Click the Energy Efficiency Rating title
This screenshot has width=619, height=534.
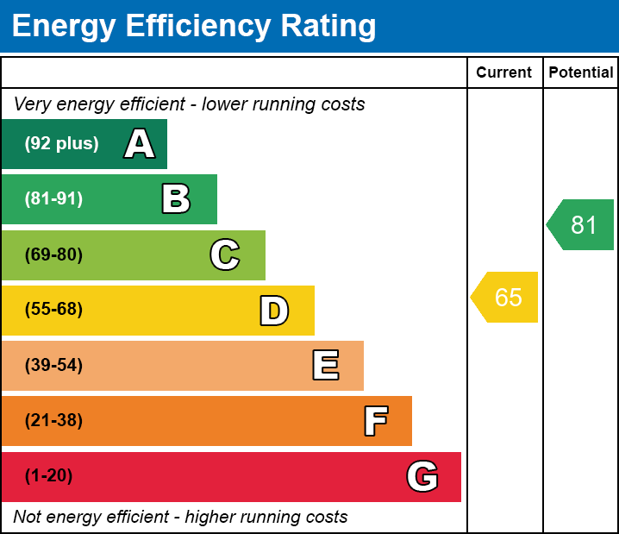coord(194,26)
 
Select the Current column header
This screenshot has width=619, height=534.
coord(504,73)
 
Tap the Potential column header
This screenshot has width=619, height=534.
coord(581,73)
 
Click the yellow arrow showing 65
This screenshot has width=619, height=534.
coord(505,298)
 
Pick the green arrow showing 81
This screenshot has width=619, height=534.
coord(581,225)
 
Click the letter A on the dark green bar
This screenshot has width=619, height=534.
coord(140,144)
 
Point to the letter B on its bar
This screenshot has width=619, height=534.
coord(176,199)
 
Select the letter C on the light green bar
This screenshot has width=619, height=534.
coord(225,254)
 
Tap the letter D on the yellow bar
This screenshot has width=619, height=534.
coord(274,311)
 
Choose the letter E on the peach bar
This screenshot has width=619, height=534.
coord(325,366)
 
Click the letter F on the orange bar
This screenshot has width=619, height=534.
coord(375,421)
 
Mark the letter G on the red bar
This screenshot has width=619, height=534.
coord(422,476)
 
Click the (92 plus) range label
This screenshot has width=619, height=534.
coord(61,144)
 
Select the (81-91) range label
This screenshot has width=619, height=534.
coord(53,199)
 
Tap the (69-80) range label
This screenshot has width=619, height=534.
coord(53,254)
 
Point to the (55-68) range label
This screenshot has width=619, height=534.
coord(53,310)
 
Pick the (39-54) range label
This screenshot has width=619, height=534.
coord(53,366)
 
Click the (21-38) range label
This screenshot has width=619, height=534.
coord(53,421)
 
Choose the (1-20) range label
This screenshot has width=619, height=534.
coord(49,476)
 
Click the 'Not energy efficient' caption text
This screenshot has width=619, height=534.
coord(180,517)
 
